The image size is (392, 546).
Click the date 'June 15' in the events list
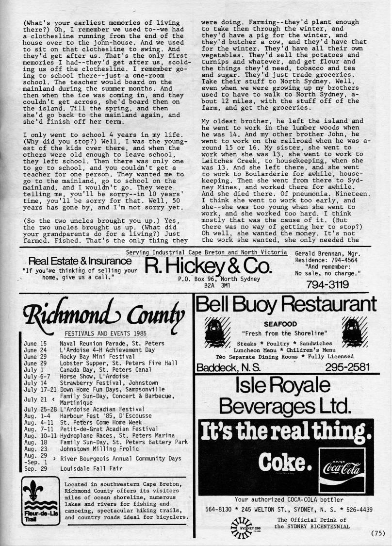tap(33, 343)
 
